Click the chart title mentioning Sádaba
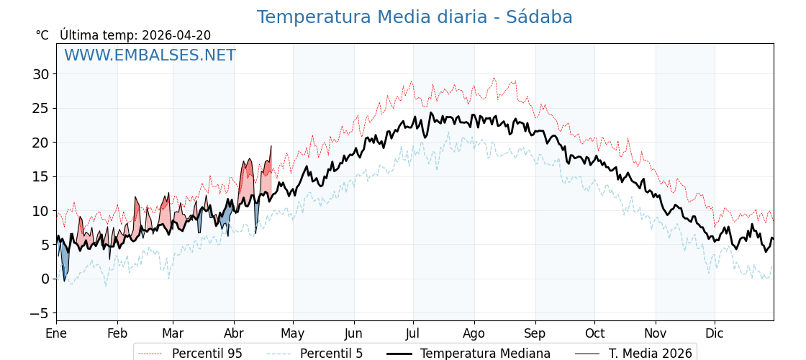pos(415,17)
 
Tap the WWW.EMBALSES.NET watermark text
pos(150,55)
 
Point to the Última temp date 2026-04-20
pos(176,35)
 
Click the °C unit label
pos(42,35)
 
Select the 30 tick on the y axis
pos(40,74)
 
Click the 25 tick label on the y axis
pos(40,108)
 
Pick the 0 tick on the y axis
pos(45,279)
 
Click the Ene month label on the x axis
pos(56,333)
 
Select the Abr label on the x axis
pos(234,333)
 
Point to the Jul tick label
pos(413,333)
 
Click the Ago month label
pos(474,333)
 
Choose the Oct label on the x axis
pos(594,333)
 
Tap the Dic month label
pos(715,333)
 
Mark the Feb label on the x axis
pos(117,333)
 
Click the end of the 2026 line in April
pos(271,146)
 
